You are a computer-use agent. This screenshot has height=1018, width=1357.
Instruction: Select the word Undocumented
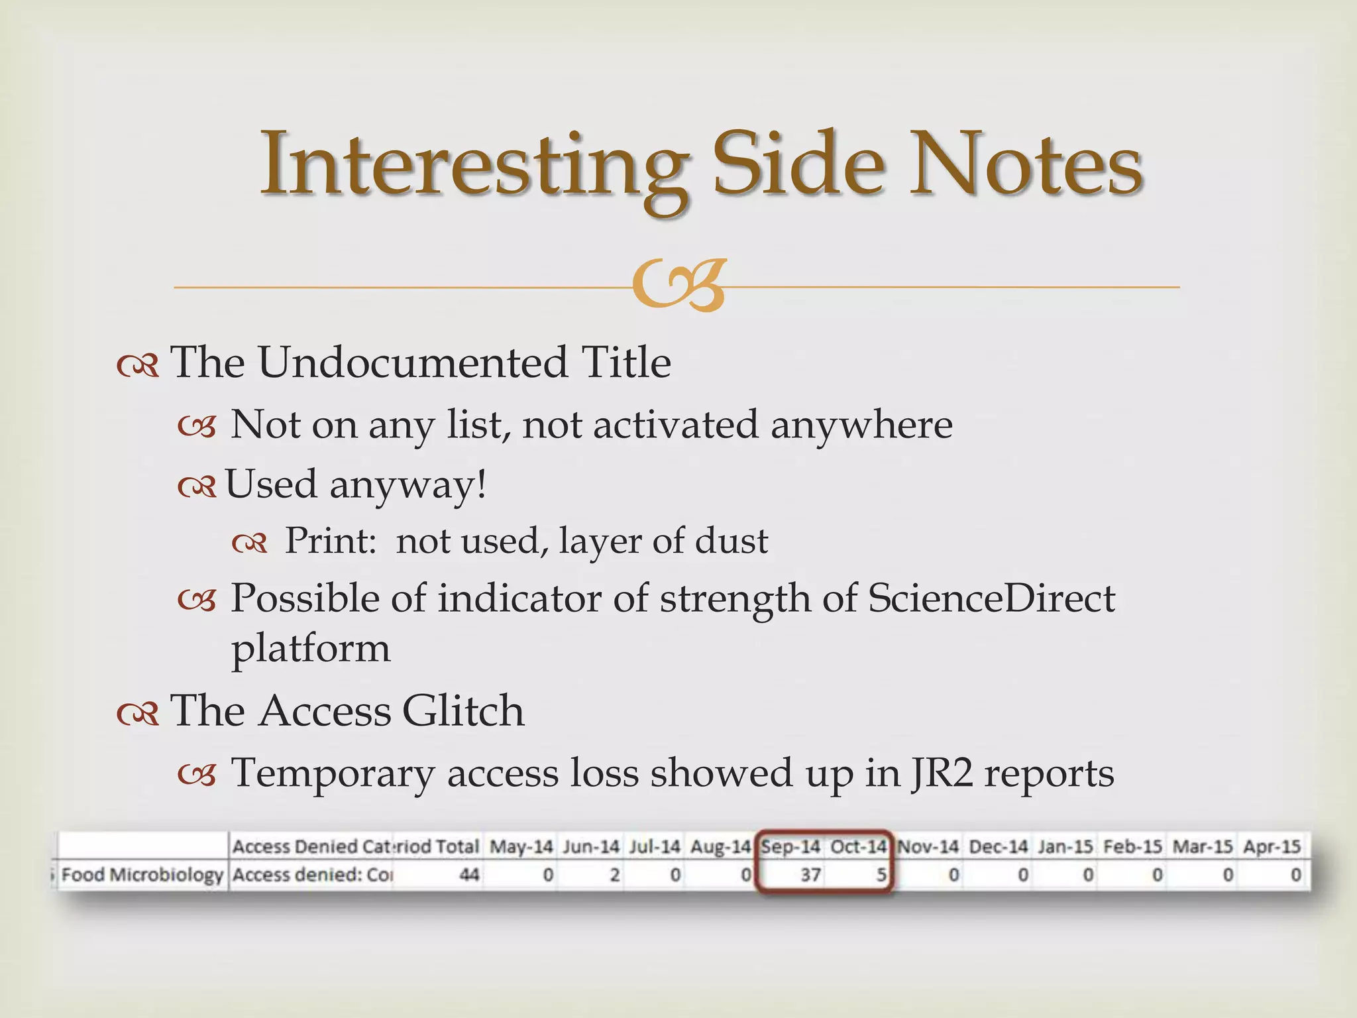413,363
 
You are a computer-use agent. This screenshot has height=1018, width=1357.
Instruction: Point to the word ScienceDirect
991,598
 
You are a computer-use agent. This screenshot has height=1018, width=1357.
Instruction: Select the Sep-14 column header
790,846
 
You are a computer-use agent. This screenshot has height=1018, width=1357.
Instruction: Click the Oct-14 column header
858,846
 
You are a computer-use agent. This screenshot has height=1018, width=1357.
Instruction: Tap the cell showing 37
810,875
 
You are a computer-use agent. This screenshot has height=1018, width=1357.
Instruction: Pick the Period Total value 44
469,875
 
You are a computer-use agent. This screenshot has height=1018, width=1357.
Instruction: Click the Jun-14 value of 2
614,875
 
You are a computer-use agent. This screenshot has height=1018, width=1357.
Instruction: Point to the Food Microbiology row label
142,875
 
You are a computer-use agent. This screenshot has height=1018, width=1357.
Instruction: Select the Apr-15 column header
1272,846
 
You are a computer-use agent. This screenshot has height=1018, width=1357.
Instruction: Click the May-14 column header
521,846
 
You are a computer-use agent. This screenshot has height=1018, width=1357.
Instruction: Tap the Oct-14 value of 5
881,875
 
